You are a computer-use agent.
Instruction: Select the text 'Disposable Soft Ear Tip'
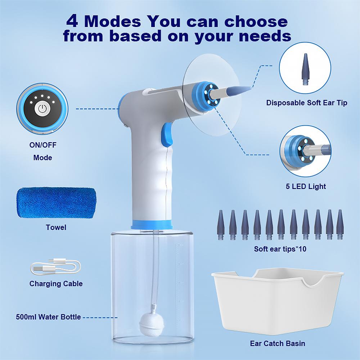[x=307, y=103]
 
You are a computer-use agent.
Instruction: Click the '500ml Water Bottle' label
[x=48, y=317]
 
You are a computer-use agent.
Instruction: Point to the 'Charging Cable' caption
[x=56, y=284]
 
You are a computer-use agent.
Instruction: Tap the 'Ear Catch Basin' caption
[x=277, y=343]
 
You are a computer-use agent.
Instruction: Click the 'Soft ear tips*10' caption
[x=280, y=249]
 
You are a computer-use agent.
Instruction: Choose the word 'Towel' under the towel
[x=56, y=228]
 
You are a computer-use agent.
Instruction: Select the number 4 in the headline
[x=74, y=22]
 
